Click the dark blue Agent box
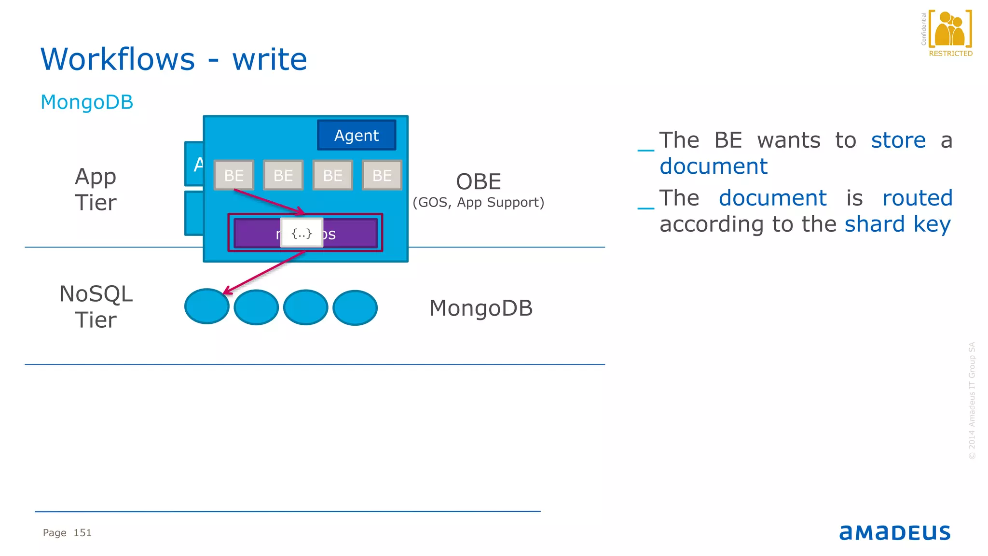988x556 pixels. pyautogui.click(x=357, y=135)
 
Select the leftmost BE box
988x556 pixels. pyautogui.click(x=234, y=175)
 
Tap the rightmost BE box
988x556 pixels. pyautogui.click(x=382, y=175)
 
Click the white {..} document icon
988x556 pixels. pyautogui.click(x=302, y=234)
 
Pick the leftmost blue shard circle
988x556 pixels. pyautogui.click(x=206, y=307)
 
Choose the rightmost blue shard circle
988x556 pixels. pyautogui.click(x=355, y=308)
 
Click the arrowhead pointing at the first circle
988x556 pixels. pyautogui.click(x=227, y=292)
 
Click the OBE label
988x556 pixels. pyautogui.click(x=479, y=182)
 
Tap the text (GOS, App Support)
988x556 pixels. pyautogui.click(x=478, y=202)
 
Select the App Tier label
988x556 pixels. pyautogui.click(x=96, y=189)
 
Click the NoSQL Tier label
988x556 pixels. pyautogui.click(x=96, y=306)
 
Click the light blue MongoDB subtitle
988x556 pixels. pyautogui.click(x=87, y=102)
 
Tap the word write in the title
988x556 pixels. pyautogui.click(x=270, y=59)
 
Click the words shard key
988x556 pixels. pyautogui.click(x=897, y=224)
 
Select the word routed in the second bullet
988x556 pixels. pyautogui.click(x=917, y=198)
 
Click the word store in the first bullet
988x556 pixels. pyautogui.click(x=898, y=140)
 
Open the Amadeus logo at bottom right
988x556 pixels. pyautogui.click(x=895, y=532)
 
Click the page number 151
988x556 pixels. pyautogui.click(x=82, y=533)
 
